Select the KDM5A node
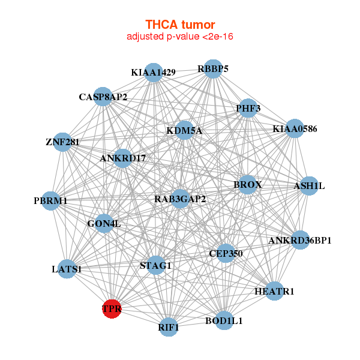(184, 130)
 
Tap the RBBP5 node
(213, 68)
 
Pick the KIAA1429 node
(154, 73)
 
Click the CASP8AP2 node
(103, 97)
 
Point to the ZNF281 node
(62, 142)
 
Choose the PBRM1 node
(51, 200)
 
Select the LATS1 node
(67, 269)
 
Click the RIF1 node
(169, 328)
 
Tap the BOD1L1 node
(224, 320)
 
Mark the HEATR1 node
(274, 291)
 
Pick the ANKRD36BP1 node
(300, 240)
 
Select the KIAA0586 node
(295, 128)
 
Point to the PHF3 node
(248, 109)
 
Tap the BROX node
(247, 184)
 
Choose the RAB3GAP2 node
(180, 199)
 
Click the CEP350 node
(226, 253)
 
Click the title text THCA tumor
(179, 25)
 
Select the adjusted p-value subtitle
(179, 37)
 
